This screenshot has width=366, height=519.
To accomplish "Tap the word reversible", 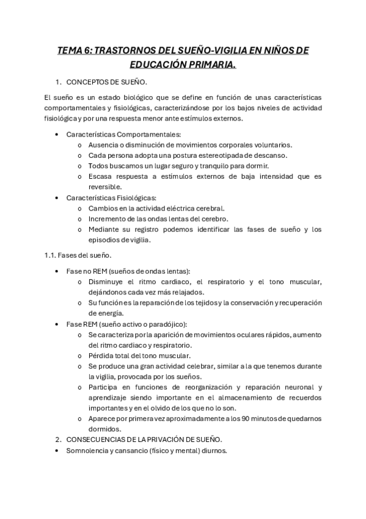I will [105, 187].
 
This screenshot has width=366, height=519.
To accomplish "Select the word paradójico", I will [165, 324].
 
